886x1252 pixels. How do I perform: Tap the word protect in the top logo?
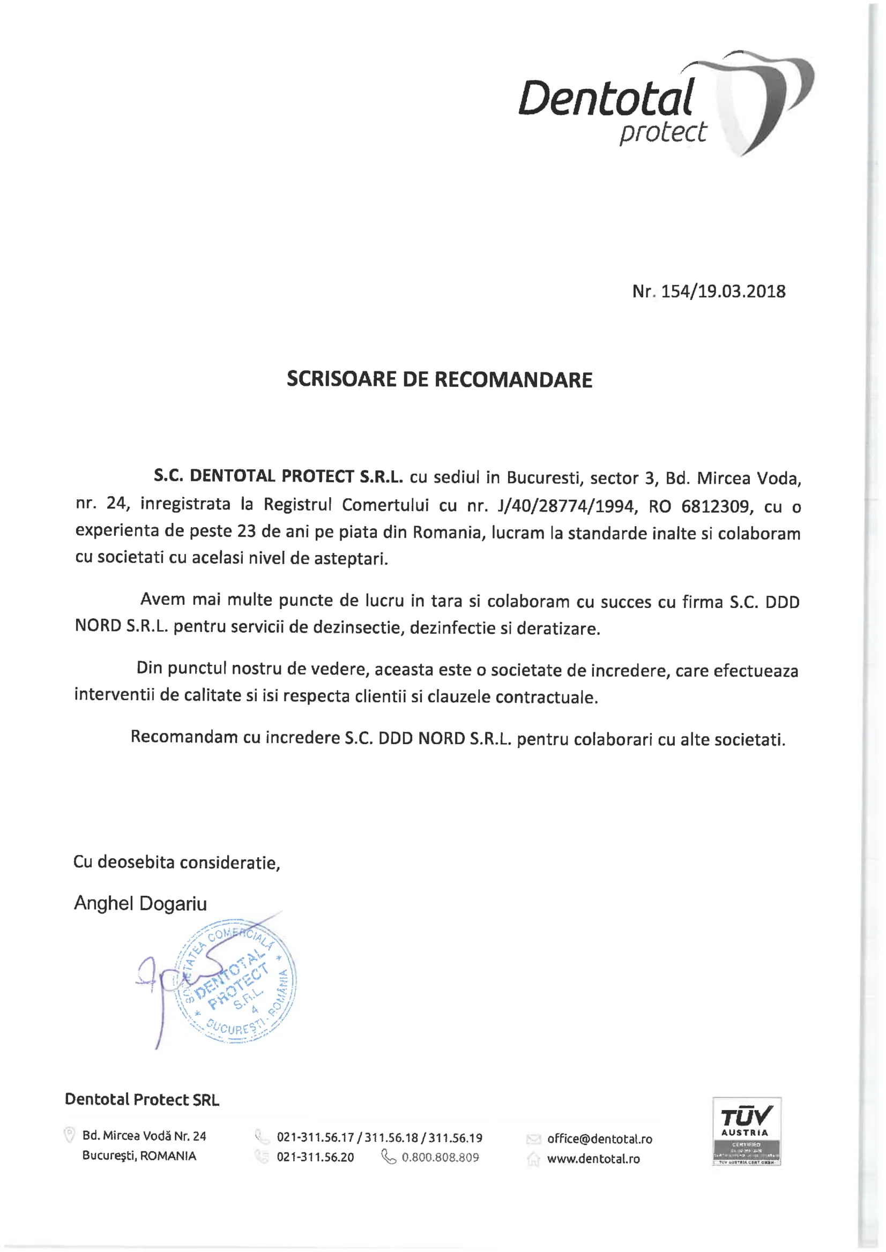click(x=662, y=132)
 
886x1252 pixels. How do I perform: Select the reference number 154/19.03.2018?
click(x=723, y=292)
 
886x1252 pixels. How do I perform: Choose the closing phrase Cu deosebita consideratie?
click(x=176, y=862)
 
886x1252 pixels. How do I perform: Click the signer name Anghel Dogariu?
click(x=140, y=904)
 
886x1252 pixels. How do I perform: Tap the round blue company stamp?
click(x=236, y=981)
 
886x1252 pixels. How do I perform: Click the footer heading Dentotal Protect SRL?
click(x=142, y=1099)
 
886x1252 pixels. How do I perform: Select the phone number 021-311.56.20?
click(x=315, y=1157)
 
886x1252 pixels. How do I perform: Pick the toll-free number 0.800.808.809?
click(x=440, y=1157)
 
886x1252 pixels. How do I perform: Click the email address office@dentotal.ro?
click(x=600, y=1138)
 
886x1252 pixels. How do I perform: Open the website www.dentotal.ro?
click(x=593, y=1159)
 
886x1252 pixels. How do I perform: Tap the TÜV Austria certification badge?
click(x=746, y=1131)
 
